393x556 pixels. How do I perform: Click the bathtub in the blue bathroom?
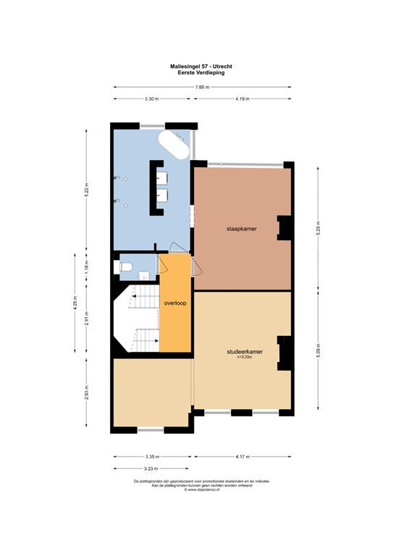pyautogui.click(x=177, y=146)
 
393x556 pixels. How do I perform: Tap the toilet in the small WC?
pyautogui.click(x=125, y=267)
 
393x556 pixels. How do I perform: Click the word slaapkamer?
pyautogui.click(x=242, y=229)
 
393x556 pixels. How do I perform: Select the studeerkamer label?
pyautogui.click(x=243, y=353)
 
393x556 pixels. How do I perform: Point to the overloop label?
pyautogui.click(x=175, y=303)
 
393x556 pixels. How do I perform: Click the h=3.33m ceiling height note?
pyautogui.click(x=243, y=359)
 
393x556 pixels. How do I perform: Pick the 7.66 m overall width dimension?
pyautogui.click(x=202, y=88)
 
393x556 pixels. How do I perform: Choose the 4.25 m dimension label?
pyautogui.click(x=75, y=305)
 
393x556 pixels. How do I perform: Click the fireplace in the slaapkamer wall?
pyautogui.click(x=285, y=228)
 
